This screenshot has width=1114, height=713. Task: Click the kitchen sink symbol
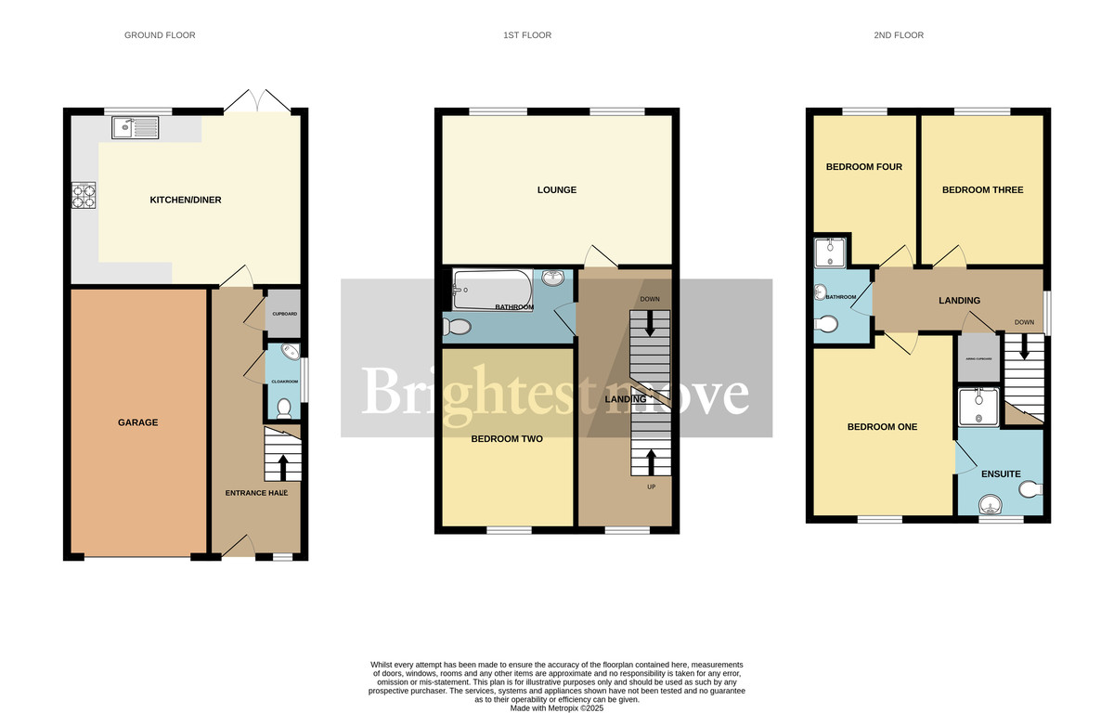click(x=136, y=126)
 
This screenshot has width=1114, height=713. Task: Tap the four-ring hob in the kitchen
click(x=84, y=197)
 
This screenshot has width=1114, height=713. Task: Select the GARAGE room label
click(x=137, y=422)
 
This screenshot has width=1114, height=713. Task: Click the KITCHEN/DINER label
click(x=186, y=200)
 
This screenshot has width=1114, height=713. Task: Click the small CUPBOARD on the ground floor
click(x=284, y=314)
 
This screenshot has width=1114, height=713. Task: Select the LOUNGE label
click(x=556, y=190)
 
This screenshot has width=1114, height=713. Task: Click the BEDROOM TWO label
click(x=507, y=438)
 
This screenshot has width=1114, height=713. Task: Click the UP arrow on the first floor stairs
click(x=649, y=460)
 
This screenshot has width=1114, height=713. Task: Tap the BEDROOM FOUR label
click(x=864, y=167)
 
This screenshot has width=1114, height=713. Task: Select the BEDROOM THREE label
click(x=982, y=189)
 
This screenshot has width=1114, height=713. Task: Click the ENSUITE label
click(x=1001, y=473)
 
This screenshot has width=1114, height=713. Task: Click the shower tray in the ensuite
click(x=978, y=406)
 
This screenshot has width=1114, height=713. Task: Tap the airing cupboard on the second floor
click(x=978, y=359)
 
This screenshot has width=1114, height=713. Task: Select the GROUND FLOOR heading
click(x=160, y=35)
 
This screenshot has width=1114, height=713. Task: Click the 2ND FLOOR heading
click(x=900, y=35)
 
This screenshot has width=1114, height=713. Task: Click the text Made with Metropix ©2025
click(x=557, y=707)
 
